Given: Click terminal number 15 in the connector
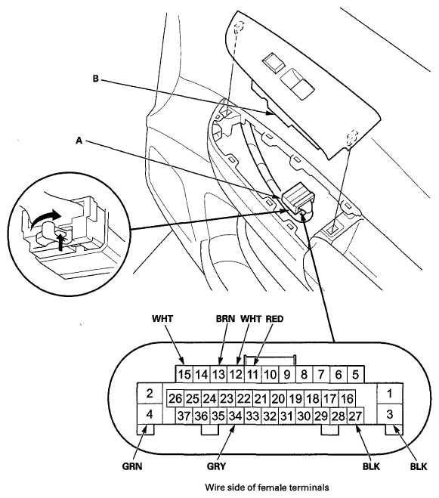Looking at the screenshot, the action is [184, 374].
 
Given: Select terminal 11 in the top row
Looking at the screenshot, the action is [252, 374].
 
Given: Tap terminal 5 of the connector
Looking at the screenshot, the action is [355, 374].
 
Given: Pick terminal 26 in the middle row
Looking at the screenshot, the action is [175, 398].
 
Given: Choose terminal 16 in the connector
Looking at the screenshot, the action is [347, 398].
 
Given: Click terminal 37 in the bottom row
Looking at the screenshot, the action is [184, 416].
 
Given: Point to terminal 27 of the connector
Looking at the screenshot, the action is [355, 416].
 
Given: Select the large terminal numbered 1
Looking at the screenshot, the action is [390, 394].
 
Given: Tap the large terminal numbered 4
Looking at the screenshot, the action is [150, 414].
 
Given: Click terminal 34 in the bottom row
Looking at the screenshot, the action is [236, 416].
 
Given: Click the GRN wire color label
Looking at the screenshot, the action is [132, 466].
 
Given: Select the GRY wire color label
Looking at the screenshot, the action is [216, 466].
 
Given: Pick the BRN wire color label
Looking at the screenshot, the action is [225, 319].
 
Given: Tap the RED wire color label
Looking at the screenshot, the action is [274, 319].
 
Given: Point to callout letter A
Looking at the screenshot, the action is [79, 140].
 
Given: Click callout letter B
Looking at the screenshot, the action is [96, 79].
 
